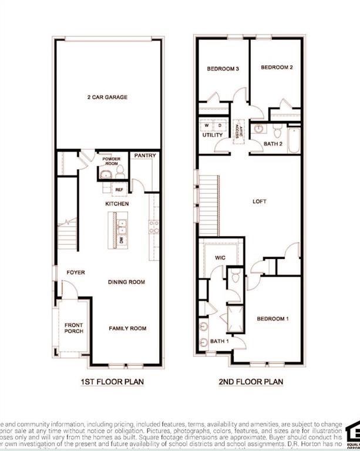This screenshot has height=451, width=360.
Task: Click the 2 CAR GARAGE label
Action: click(x=107, y=97)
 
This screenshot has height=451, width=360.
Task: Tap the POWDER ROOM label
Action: click(x=112, y=161)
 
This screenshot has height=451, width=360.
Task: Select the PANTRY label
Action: click(x=144, y=156)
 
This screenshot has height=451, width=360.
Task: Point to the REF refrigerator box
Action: click(x=119, y=190)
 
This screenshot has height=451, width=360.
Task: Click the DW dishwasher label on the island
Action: click(x=122, y=240)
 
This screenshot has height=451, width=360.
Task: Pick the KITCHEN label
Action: click(x=117, y=204)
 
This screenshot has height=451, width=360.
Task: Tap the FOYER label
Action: click(x=75, y=272)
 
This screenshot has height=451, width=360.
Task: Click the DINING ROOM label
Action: click(x=126, y=282)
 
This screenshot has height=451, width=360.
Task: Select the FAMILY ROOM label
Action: click(x=127, y=328)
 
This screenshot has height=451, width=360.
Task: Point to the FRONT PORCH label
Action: click(x=74, y=328)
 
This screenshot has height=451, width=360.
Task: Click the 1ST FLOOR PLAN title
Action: click(x=112, y=382)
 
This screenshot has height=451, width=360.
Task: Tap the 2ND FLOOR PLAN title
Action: click(x=251, y=382)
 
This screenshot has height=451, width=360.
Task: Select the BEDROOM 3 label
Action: click(x=223, y=69)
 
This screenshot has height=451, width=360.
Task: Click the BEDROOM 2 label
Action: click(x=277, y=68)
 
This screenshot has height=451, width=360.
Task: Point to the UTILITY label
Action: click(x=212, y=135)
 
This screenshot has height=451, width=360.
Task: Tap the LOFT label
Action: click(x=259, y=201)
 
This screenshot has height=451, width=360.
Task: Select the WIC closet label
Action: click(x=220, y=257)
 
